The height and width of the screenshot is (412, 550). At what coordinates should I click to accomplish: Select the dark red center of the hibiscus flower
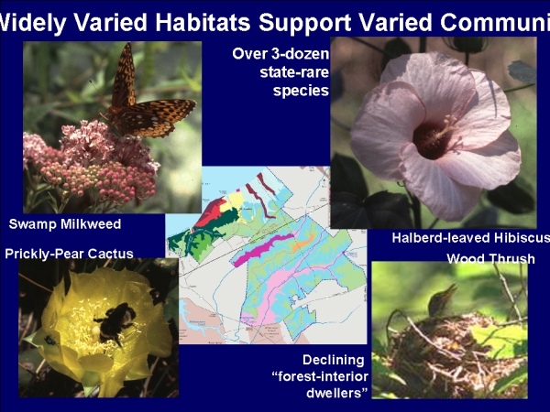click(431, 139)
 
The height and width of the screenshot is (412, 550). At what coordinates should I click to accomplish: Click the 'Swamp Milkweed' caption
click(65, 224)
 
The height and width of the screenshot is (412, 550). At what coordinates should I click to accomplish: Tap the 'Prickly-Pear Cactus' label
click(69, 254)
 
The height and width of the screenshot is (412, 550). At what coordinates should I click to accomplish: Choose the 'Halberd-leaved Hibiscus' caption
click(471, 238)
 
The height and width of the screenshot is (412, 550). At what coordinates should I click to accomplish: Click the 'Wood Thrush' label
click(490, 258)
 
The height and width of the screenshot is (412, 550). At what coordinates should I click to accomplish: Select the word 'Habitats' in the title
click(203, 22)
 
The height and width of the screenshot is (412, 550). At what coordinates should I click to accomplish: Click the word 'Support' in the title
click(304, 23)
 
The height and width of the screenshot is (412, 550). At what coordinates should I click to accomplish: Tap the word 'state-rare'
click(294, 72)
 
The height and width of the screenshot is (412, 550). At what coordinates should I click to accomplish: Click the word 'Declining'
click(334, 360)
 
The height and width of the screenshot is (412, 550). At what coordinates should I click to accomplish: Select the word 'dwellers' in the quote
click(334, 393)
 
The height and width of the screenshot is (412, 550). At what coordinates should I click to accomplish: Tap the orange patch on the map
click(302, 243)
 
